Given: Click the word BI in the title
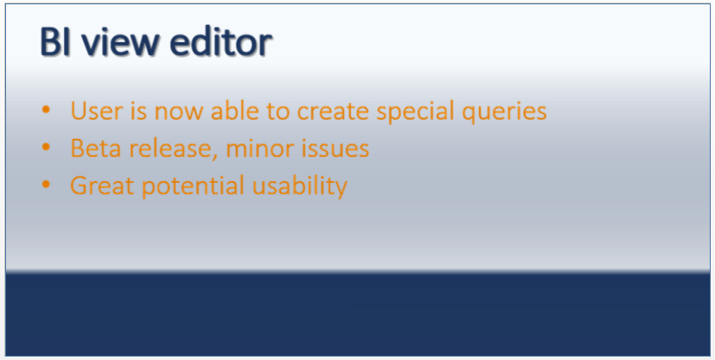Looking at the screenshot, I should point(54,43).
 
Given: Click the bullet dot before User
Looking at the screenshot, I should point(46,111).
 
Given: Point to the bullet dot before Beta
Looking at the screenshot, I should point(46,148).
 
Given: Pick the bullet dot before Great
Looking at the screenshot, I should point(46,186).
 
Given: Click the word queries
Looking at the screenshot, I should point(509,112).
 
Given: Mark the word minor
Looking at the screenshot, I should point(256,148).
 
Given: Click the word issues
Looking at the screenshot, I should point(334,148).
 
